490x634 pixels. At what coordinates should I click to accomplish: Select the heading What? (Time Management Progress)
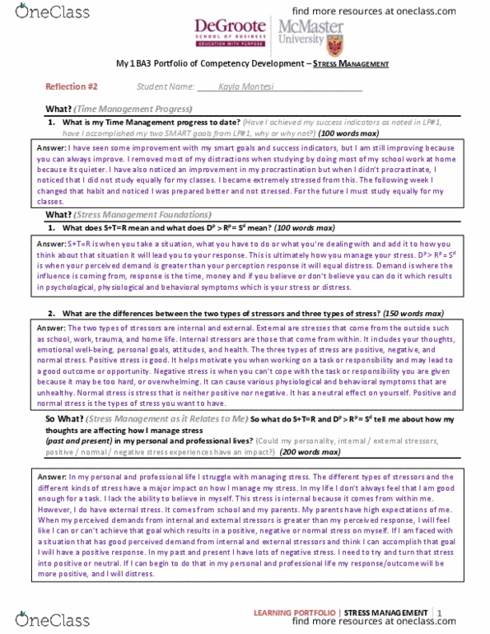(119, 109)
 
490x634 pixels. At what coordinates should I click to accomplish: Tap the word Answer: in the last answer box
(53, 477)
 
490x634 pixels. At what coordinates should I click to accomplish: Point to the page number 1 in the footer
(441, 613)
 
